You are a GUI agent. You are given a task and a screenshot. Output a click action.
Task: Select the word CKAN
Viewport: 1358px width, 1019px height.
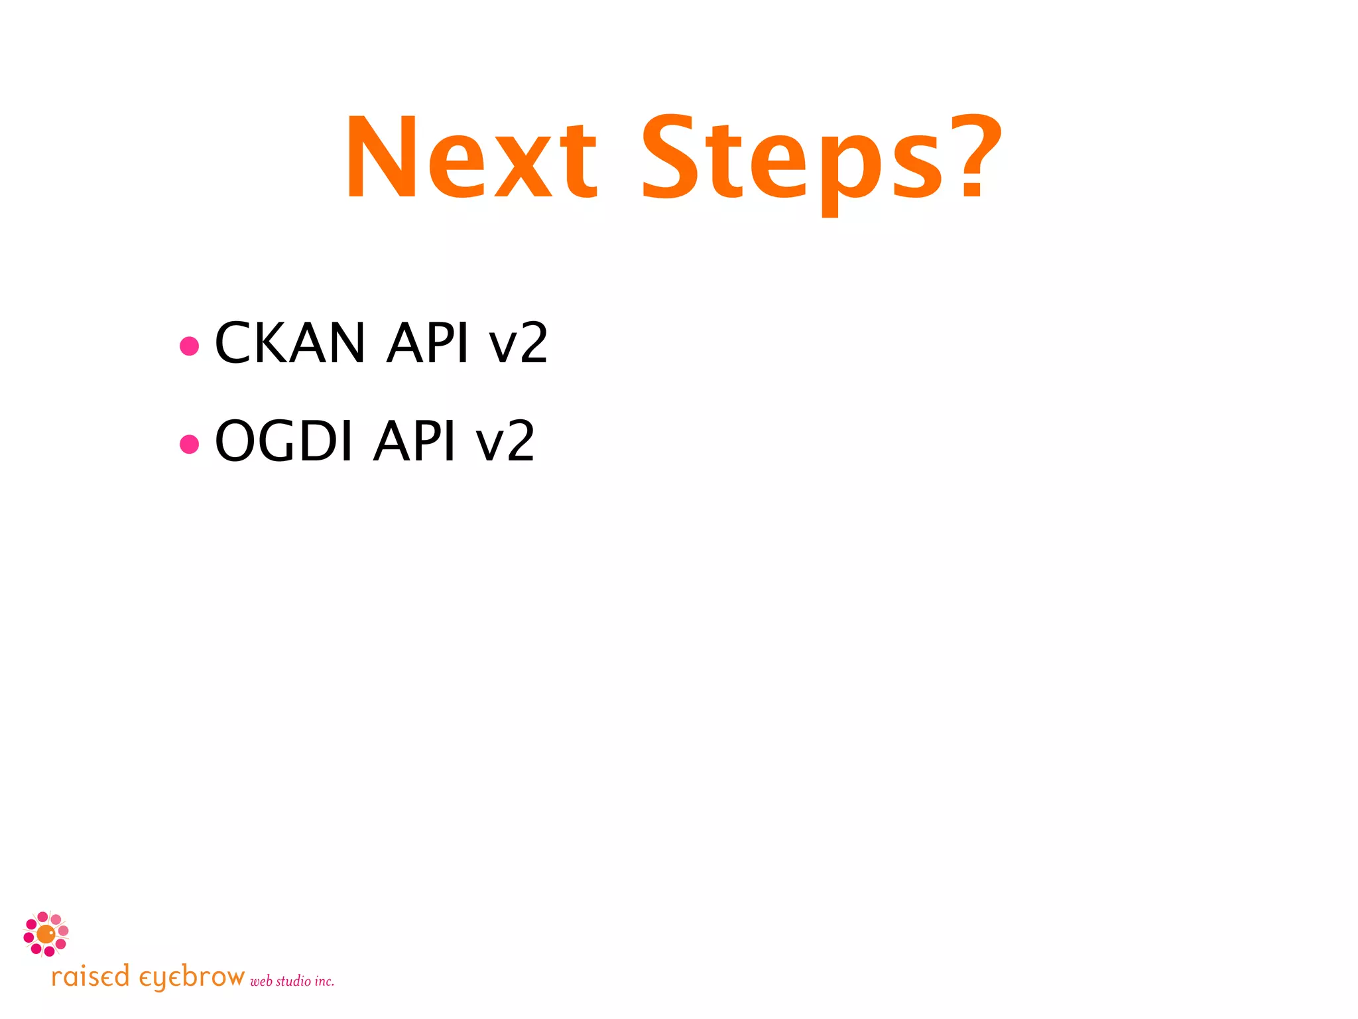click(x=290, y=343)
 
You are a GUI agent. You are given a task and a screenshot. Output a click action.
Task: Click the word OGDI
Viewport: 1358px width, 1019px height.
click(x=284, y=441)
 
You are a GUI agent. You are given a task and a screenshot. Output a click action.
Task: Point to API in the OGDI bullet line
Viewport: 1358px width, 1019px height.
click(x=415, y=441)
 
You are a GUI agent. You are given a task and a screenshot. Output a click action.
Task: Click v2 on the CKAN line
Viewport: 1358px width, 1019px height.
click(x=518, y=344)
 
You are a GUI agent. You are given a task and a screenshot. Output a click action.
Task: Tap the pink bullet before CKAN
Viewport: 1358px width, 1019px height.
click(x=190, y=346)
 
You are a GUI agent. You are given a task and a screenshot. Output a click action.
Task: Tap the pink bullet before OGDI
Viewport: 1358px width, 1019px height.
click(x=190, y=444)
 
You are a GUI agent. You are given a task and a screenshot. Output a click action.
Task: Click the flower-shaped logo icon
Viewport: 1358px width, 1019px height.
click(x=46, y=933)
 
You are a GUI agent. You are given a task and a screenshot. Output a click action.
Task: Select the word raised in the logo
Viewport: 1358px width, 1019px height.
click(x=90, y=977)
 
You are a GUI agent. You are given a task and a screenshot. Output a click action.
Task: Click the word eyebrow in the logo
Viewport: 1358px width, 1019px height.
click(x=191, y=978)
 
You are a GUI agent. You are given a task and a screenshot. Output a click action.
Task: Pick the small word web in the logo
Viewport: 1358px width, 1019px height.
click(x=261, y=981)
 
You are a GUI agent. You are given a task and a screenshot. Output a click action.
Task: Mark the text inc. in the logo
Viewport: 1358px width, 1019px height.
click(x=324, y=981)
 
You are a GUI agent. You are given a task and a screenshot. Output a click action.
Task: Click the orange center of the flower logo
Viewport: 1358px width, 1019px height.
click(x=45, y=934)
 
